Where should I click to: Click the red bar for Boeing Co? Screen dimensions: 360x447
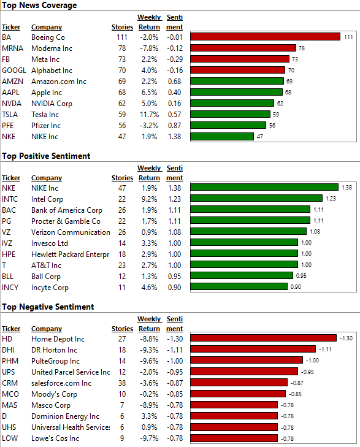[x=266, y=37]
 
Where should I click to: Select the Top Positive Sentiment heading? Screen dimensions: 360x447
[x=46, y=156]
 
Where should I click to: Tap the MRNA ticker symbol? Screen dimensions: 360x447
[x=12, y=48]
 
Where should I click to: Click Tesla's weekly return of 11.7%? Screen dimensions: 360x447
[x=150, y=115]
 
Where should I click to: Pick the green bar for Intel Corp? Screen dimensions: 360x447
[x=256, y=199]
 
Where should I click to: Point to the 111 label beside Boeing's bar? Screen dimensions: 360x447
[x=348, y=37]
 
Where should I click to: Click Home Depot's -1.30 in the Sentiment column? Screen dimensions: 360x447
[x=175, y=339]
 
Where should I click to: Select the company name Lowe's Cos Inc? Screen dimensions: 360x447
[x=55, y=438]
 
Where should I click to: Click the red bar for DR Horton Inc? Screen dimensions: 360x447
[x=253, y=350]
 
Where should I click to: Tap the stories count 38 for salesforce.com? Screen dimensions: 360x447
[x=122, y=383]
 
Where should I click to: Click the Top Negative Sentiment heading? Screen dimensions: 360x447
[x=48, y=307]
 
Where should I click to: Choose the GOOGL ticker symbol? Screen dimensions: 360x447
[x=14, y=71]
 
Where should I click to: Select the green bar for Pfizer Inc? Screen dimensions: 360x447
[x=228, y=125]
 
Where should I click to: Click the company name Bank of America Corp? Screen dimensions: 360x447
[x=67, y=210]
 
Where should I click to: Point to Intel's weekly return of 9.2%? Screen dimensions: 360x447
[x=150, y=199]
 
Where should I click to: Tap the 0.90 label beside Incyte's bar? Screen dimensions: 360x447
[x=296, y=287]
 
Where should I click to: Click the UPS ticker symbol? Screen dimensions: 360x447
[x=8, y=372]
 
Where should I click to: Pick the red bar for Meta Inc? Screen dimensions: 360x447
[x=240, y=59]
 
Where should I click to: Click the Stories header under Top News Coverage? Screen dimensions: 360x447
[x=122, y=28]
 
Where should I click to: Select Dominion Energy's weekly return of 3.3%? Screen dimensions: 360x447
[x=150, y=416]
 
